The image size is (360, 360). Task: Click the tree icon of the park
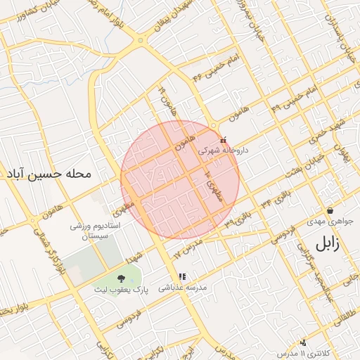click(121, 278)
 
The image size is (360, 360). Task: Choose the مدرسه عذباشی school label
click(181, 287)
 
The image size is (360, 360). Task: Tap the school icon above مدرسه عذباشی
click(182, 277)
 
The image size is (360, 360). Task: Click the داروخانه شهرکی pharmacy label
click(222, 150)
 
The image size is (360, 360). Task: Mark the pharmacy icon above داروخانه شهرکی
click(224, 139)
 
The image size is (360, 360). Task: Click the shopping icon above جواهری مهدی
click(330, 211)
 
